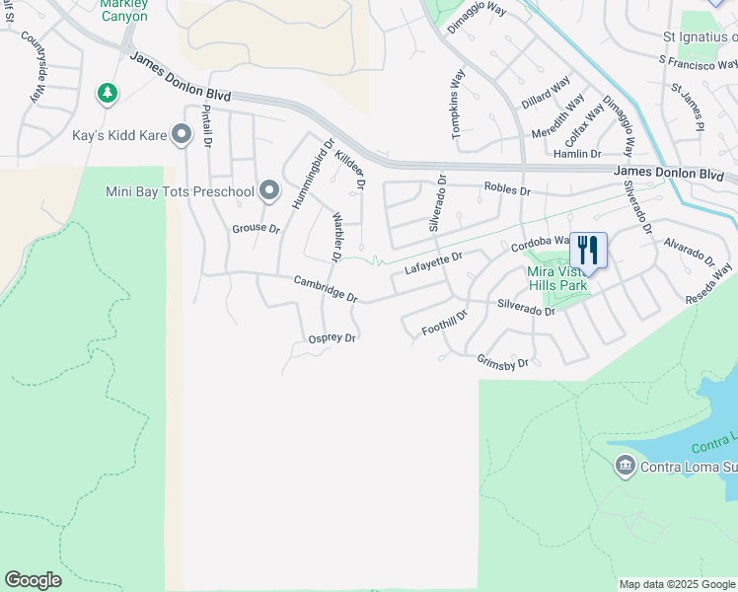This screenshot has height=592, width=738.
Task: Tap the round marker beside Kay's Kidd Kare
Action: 181,134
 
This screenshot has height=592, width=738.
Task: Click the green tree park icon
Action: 108,94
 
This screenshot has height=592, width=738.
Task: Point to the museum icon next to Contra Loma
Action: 624,466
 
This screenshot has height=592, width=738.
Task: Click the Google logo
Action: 34,580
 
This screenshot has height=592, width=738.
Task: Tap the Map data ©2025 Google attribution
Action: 677,584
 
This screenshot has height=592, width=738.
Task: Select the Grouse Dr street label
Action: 256,229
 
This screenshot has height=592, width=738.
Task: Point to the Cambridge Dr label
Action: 325,288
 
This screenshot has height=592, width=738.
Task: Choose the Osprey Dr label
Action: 332,337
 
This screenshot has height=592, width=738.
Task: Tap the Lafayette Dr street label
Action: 434,263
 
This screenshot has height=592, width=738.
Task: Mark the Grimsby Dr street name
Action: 503,362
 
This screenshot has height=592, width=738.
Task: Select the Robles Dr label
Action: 507,188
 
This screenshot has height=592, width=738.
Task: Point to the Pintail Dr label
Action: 207,126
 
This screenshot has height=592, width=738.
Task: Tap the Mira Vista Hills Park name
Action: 557,278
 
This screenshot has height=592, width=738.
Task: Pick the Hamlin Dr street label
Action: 577,154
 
